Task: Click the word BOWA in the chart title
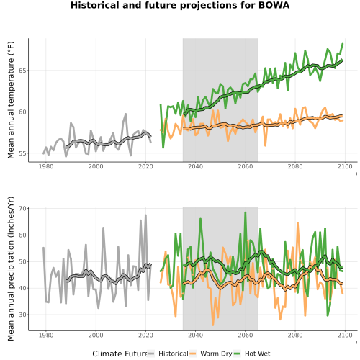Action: (x=274, y=5)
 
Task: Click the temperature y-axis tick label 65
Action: (x=22, y=71)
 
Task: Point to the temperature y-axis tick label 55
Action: (x=22, y=153)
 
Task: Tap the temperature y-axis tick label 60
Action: (x=22, y=112)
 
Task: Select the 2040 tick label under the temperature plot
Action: (x=195, y=166)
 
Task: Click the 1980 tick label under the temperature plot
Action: (x=46, y=166)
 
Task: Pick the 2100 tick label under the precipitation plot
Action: (x=345, y=335)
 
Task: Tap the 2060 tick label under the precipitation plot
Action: (x=246, y=335)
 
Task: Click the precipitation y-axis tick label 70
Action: (x=22, y=208)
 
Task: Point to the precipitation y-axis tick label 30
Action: (x=22, y=315)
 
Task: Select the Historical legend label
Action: (x=174, y=354)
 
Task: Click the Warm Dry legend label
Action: (x=216, y=354)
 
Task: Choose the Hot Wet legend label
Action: (x=258, y=354)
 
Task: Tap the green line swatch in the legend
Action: (x=237, y=354)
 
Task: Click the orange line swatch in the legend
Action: (x=193, y=354)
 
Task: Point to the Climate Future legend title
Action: (x=120, y=354)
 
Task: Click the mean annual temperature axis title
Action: (x=11, y=100)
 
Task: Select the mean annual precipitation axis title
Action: (x=11, y=269)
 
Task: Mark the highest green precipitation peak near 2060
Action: (x=246, y=212)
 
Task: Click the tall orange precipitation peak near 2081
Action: (x=297, y=222)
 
